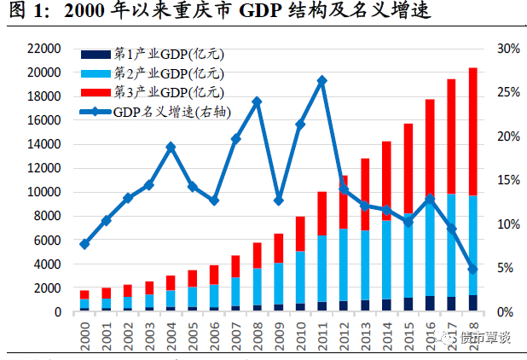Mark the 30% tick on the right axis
pos(508,49)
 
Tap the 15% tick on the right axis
pos(508,180)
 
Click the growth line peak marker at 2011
pos(321,80)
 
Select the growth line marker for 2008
pos(257,102)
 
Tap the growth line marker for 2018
pos(473,270)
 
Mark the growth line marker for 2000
pos(84,244)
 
